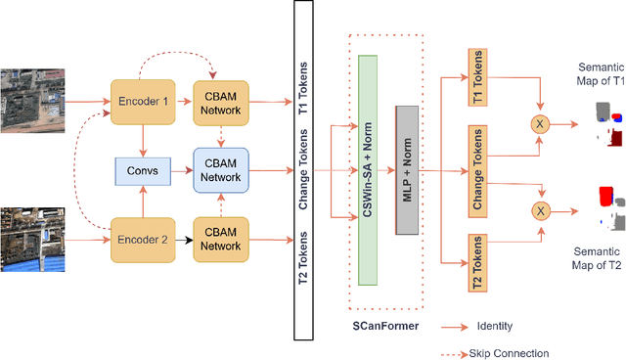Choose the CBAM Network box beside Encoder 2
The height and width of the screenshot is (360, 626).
pos(221,238)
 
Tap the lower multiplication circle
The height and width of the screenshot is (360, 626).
pos(537,209)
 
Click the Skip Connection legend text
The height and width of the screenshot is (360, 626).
pos(510,352)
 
